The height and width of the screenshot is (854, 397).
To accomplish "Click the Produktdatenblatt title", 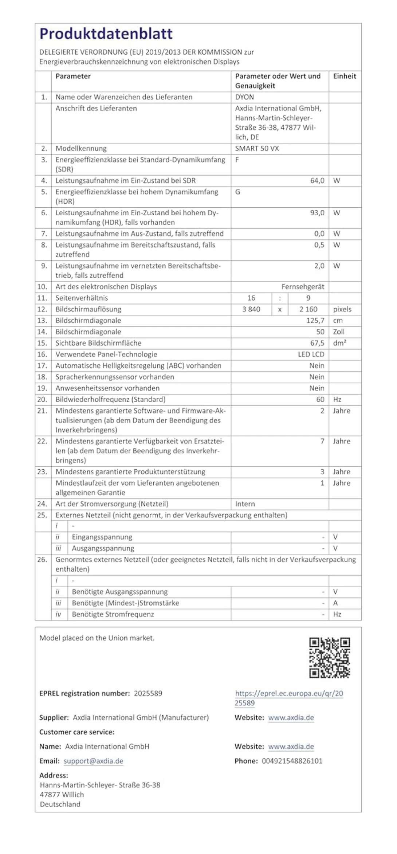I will (106, 34).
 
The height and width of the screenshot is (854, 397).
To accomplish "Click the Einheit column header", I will (344, 76).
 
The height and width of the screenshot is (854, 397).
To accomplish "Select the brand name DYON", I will (244, 97).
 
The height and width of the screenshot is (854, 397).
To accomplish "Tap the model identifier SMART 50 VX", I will (257, 149).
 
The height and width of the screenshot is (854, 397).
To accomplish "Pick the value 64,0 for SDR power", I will (317, 181).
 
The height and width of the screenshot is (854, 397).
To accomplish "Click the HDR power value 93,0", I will (317, 213).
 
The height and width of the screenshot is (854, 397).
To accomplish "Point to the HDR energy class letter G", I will (238, 192).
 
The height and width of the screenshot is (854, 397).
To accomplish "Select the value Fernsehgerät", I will (302, 287).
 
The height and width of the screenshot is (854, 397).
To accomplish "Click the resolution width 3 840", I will (251, 309).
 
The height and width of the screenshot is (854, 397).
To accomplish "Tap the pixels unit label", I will (342, 309).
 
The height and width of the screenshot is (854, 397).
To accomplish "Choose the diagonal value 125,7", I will (315, 321).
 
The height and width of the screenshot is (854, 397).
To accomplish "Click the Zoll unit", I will (339, 332).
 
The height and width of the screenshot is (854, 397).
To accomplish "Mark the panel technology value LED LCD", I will (311, 354).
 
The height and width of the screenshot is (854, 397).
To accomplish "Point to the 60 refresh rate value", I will (320, 400).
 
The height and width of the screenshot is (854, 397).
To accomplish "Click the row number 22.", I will (42, 441).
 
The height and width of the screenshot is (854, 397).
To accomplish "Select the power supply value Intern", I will (245, 504).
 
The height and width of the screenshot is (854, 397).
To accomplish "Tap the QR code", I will (330, 658).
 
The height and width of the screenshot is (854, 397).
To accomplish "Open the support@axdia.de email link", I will (93, 761).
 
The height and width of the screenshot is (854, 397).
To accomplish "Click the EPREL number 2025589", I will (148, 693).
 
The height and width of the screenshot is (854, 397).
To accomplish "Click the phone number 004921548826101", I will (292, 761).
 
